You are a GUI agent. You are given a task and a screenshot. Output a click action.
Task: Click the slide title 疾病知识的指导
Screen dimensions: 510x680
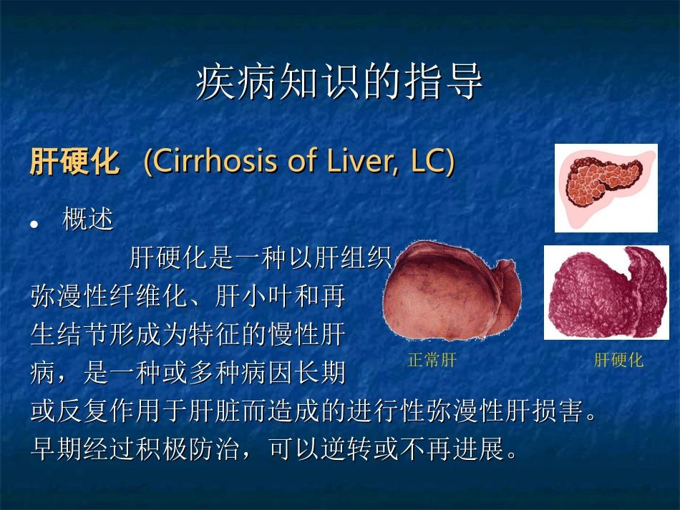tap(339, 84)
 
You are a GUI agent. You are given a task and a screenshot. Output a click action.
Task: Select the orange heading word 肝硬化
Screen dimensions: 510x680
tap(74, 162)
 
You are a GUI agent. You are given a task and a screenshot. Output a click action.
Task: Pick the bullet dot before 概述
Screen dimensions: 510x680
tap(34, 224)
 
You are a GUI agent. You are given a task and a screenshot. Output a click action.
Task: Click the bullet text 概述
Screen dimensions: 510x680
tap(88, 220)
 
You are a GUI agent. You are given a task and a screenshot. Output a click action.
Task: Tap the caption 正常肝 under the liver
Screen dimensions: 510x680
tap(432, 361)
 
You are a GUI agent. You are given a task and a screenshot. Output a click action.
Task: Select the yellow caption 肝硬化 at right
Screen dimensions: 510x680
tap(618, 361)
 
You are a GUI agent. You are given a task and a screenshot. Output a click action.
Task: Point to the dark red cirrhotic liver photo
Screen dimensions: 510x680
tap(606, 292)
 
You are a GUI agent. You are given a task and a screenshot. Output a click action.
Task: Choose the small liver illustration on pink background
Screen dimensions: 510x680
tap(606, 187)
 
